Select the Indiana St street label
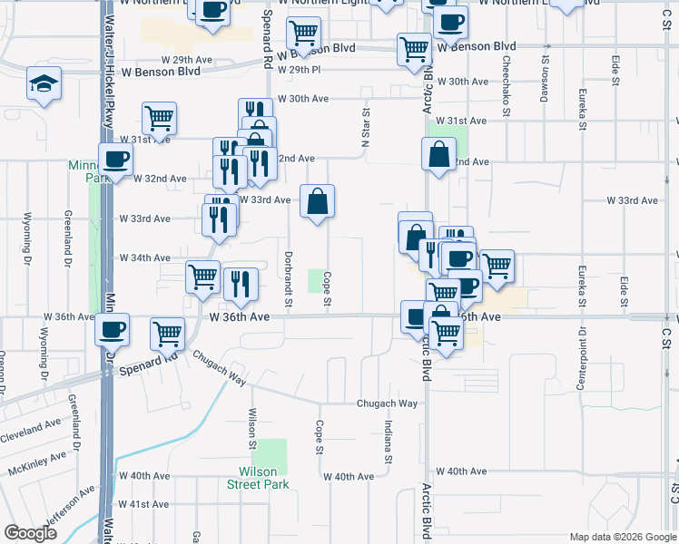[388, 442]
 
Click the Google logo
[32, 534]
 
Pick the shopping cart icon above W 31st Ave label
[159, 118]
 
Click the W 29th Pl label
[300, 70]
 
